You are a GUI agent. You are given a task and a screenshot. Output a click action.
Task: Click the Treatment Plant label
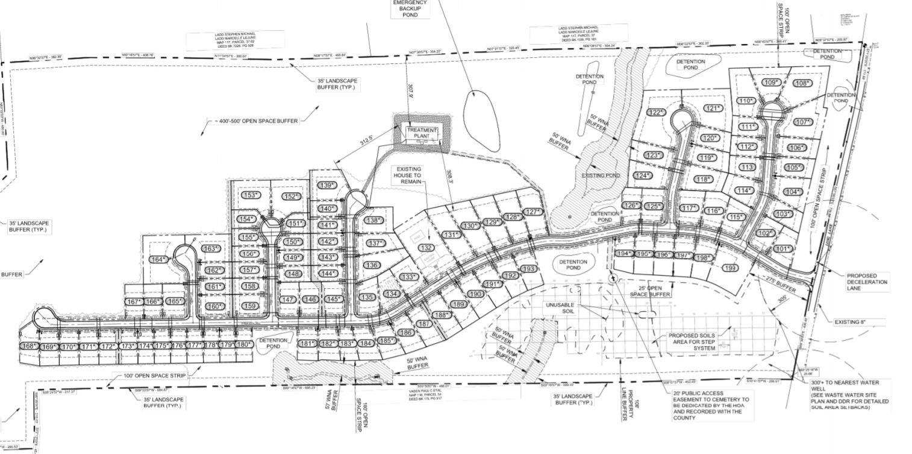click(x=422, y=133)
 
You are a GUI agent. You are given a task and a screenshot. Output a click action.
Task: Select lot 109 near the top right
click(x=772, y=83)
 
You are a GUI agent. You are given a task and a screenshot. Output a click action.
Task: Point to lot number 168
click(x=29, y=346)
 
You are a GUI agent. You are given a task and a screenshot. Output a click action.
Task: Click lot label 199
click(x=730, y=268)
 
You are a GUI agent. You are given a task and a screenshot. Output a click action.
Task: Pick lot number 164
click(x=158, y=260)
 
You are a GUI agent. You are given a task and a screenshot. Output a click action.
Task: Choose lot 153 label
click(x=251, y=195)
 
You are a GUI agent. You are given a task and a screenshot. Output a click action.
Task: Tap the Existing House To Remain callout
click(x=408, y=175)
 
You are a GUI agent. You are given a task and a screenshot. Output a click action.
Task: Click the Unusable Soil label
click(x=561, y=308)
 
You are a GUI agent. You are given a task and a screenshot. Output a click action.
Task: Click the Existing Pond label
click(x=601, y=175)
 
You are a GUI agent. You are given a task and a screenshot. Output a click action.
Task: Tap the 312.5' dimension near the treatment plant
click(x=367, y=143)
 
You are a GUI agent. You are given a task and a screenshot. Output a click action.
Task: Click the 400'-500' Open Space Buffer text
click(x=256, y=121)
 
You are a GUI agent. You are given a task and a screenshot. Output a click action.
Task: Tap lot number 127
click(x=533, y=212)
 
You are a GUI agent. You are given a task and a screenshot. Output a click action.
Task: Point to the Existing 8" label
click(x=858, y=323)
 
